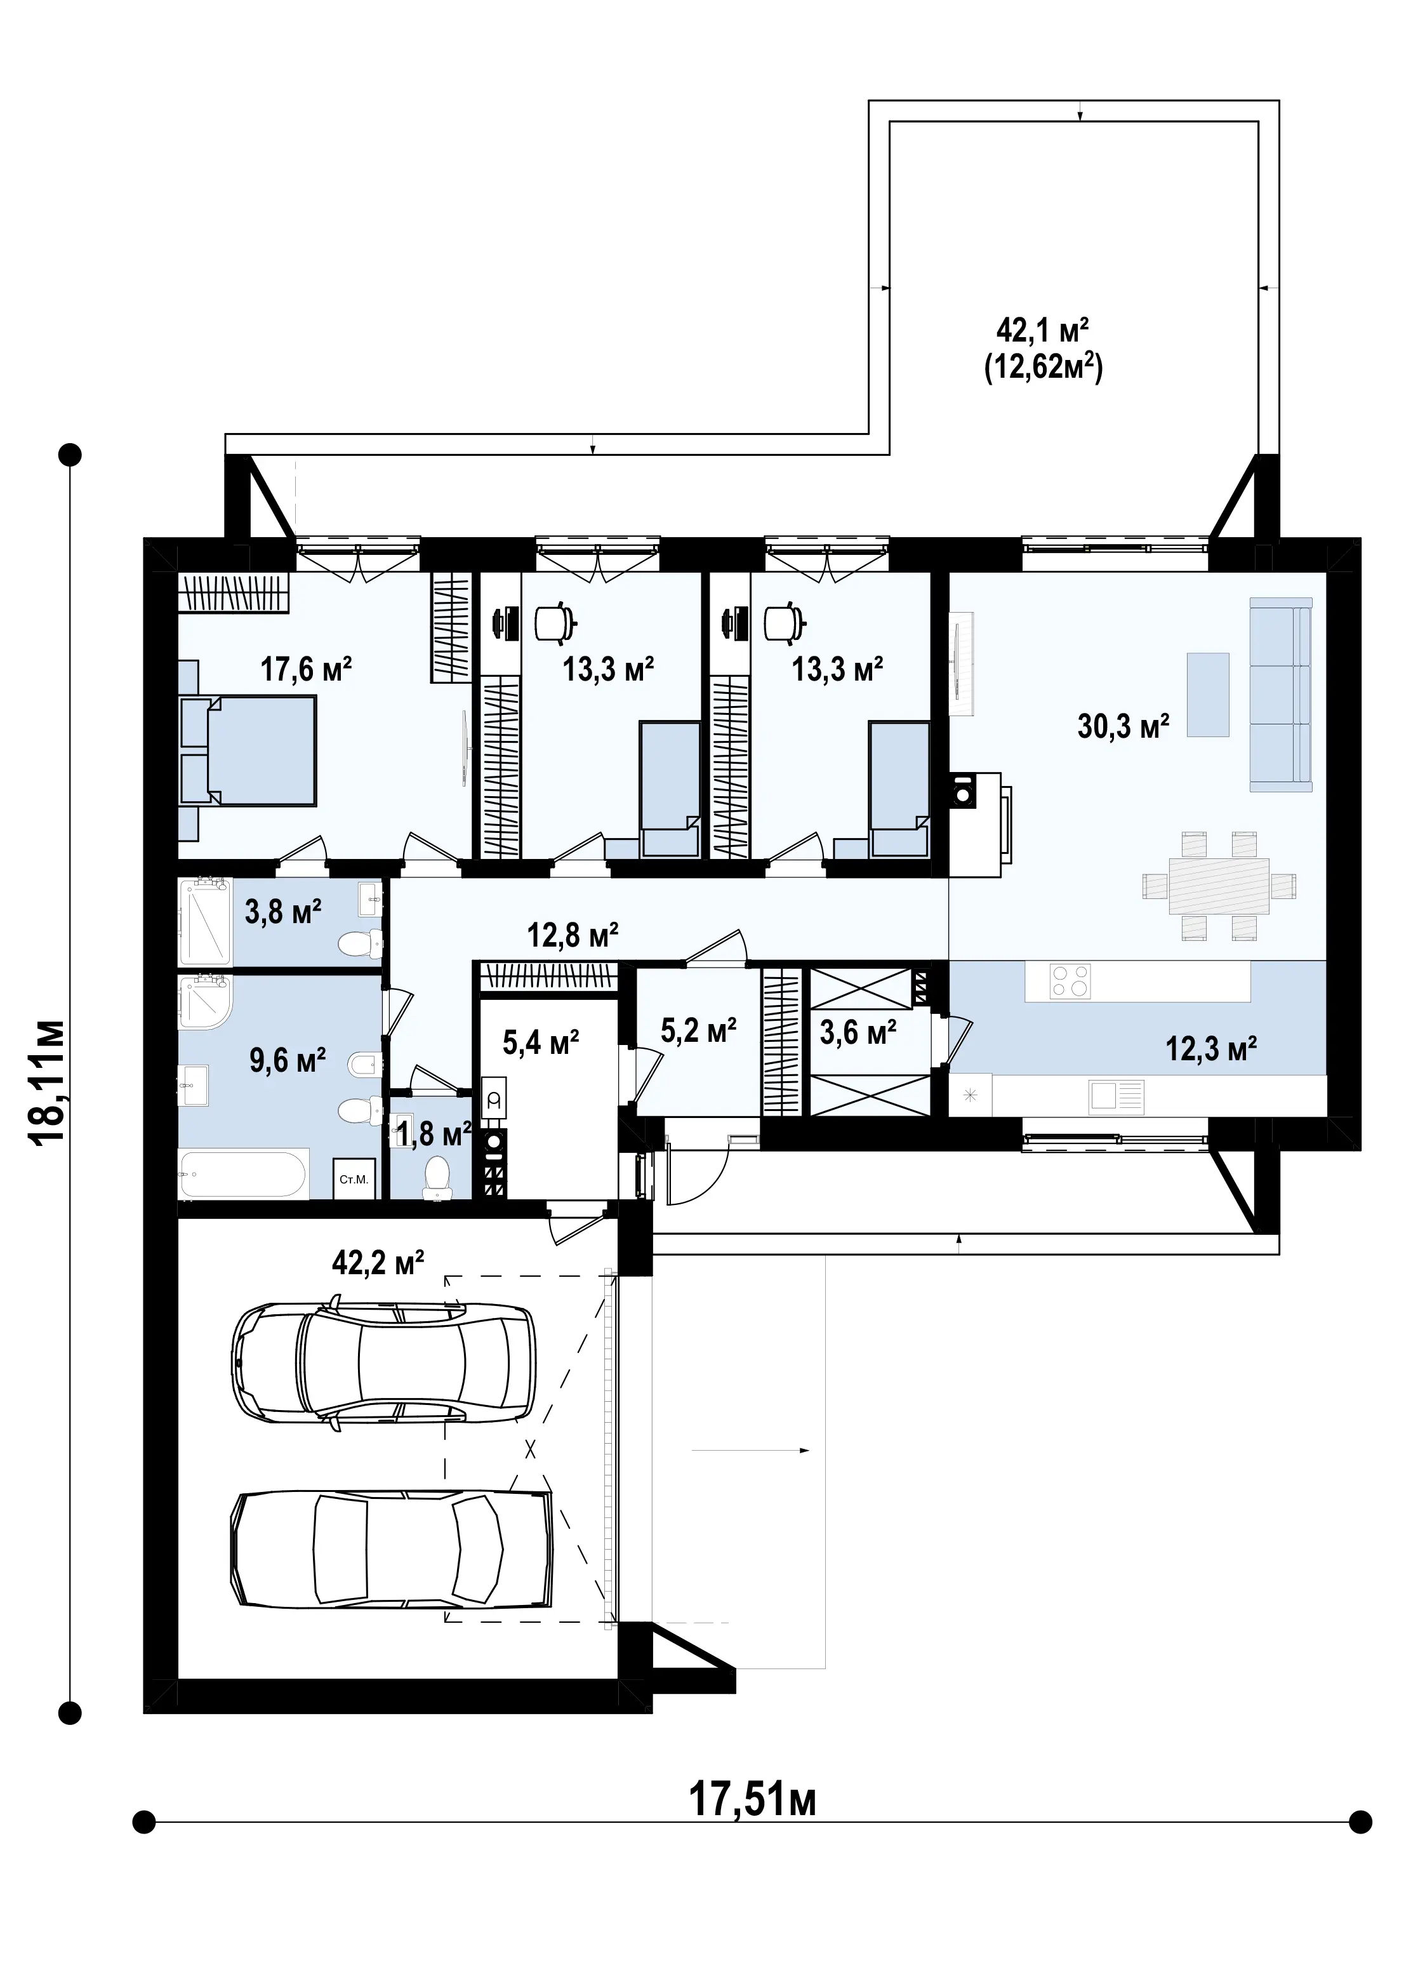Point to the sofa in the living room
(x=1282, y=694)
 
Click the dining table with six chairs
(x=1219, y=885)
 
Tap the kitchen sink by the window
(x=1117, y=1096)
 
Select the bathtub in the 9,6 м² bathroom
(x=243, y=1175)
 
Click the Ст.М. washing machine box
(x=354, y=1179)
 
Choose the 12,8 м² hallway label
(x=573, y=935)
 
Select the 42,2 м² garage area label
(x=378, y=1262)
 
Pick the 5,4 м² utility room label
(x=541, y=1042)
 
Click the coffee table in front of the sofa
(x=1208, y=695)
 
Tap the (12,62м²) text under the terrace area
(x=1044, y=368)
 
